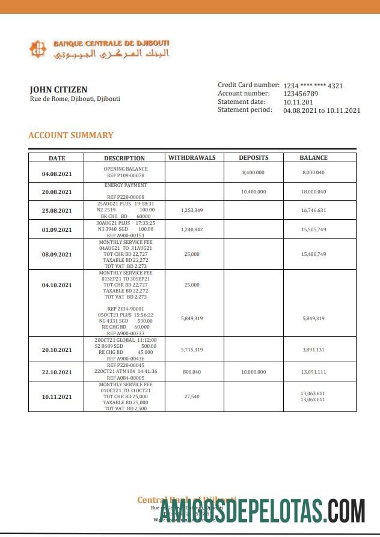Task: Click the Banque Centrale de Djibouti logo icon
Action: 38,49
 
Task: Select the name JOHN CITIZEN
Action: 58,89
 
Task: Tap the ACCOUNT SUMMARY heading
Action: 70,135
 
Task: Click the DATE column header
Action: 57,158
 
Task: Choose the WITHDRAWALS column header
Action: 192,157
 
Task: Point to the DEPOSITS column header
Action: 253,157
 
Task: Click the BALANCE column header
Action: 313,157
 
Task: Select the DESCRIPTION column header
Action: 124,158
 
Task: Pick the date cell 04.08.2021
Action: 57,174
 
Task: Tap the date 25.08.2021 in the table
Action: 57,211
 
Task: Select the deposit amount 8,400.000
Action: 253,172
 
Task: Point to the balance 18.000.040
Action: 313,192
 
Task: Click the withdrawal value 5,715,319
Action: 192,350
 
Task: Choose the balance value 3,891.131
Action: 313,350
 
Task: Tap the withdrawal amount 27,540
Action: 192,396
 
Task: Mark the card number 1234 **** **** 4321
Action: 313,86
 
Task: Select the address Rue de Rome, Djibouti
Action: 75,99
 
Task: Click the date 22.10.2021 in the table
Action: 57,372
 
